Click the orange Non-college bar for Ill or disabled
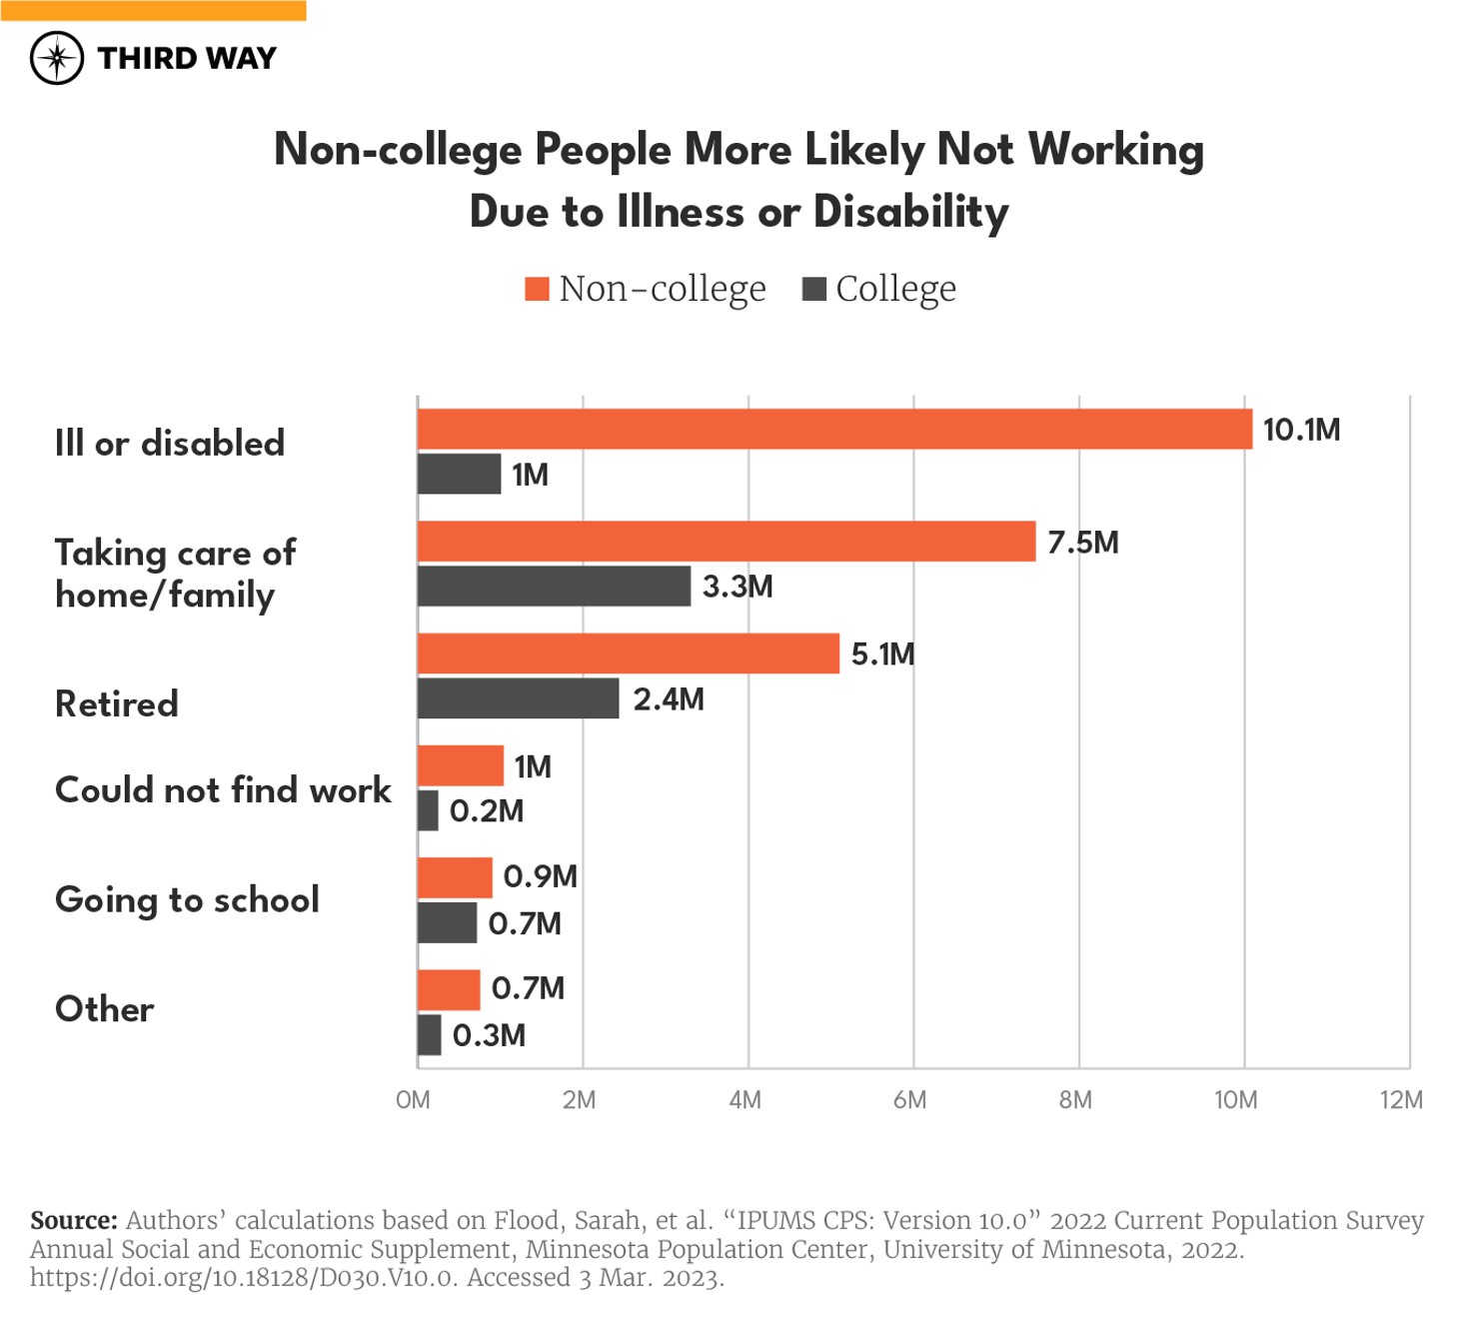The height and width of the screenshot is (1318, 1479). (834, 430)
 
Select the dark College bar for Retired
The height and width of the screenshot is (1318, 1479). (518, 698)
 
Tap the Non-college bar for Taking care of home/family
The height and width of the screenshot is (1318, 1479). (727, 542)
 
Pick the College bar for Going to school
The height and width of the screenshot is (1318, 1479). (447, 923)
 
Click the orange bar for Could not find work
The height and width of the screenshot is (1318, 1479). (461, 766)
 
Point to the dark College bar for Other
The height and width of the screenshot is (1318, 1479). (430, 1035)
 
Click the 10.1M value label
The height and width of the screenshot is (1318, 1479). (1301, 430)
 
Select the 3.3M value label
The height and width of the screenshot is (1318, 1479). (738, 587)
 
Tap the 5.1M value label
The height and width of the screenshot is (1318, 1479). (882, 655)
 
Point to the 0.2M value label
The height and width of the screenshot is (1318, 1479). (487, 811)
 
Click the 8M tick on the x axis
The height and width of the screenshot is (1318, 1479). (1075, 1100)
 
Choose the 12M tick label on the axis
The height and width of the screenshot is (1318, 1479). (1401, 1100)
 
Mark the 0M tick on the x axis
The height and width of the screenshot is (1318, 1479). (413, 1100)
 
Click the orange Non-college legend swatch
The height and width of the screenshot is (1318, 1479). (538, 290)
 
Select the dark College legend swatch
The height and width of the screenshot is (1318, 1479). (814, 290)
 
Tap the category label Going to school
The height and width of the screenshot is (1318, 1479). (187, 899)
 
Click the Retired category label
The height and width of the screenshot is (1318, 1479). (117, 704)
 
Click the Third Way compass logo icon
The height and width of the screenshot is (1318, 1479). (57, 58)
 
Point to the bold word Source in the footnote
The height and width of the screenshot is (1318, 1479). (74, 1221)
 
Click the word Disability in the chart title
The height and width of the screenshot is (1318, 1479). (910, 212)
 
